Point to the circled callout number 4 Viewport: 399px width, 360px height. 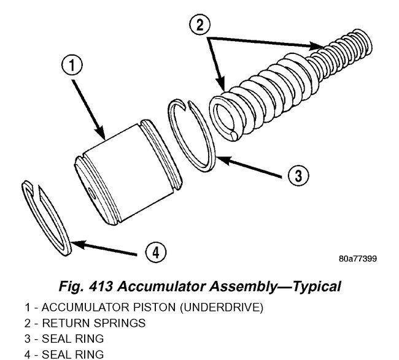(x=156, y=251)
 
